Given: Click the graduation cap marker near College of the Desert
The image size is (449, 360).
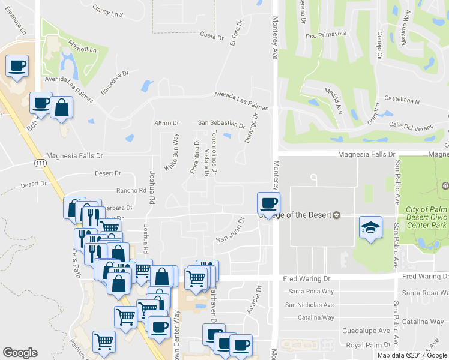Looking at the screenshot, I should point(370,227).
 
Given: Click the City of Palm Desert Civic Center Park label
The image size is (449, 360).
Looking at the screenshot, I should point(427,217).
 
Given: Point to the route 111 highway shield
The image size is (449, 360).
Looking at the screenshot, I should point(40,163).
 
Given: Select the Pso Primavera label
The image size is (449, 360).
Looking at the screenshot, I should point(327,34).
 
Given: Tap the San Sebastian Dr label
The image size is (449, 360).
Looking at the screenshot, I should point(221,125).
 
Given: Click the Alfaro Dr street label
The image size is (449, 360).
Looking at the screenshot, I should point(167,123).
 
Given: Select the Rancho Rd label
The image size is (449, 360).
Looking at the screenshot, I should point(131,190).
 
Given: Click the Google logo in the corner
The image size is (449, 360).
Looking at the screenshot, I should point(20,353).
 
